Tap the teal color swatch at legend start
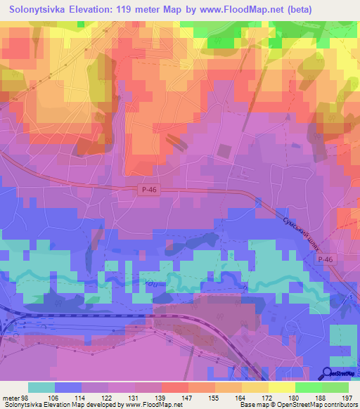click(x=41, y=387)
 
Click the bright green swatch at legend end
click(x=335, y=387)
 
